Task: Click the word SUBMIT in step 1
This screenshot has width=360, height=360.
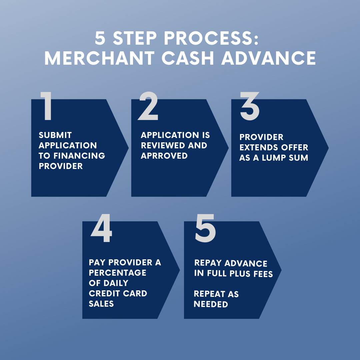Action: (55, 135)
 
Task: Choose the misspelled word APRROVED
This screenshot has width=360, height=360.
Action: (164, 156)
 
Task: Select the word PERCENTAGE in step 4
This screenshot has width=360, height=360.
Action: (118, 273)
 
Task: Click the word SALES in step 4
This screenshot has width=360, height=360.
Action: (101, 304)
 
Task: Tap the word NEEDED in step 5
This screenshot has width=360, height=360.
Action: (211, 304)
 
